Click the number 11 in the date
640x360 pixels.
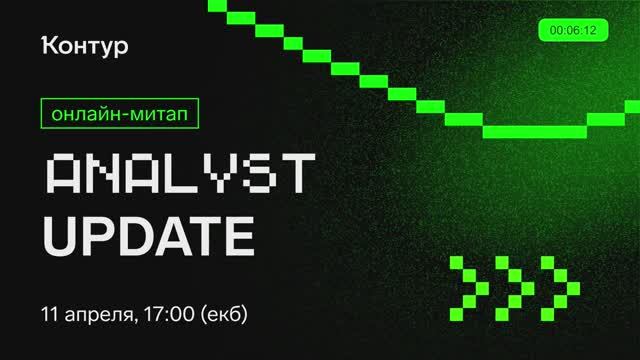50,312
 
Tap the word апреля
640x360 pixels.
98,314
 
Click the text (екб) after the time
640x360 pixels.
223,313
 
